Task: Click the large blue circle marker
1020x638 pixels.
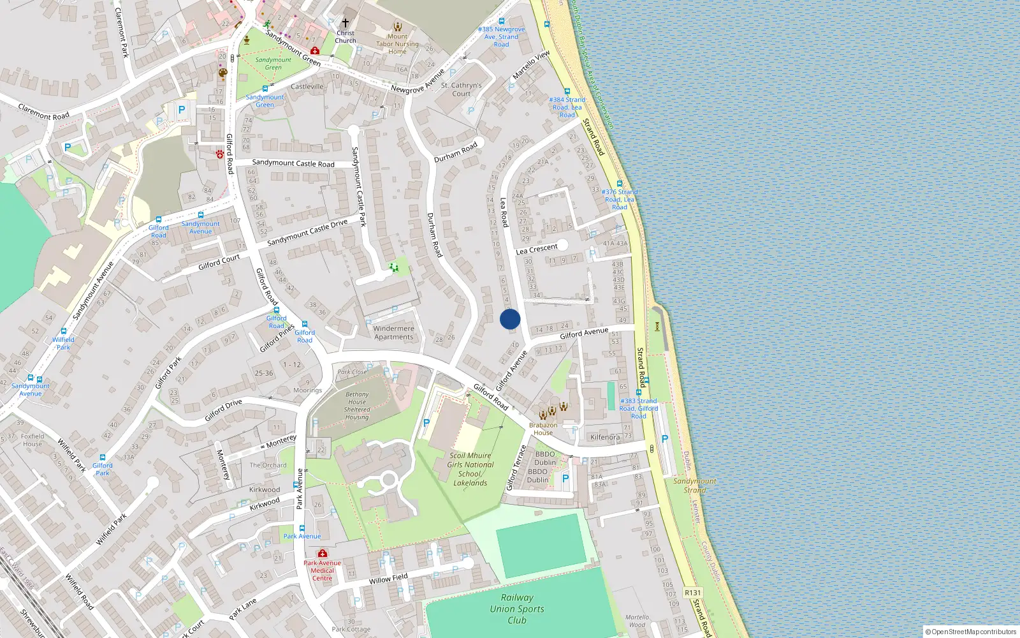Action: [510, 319]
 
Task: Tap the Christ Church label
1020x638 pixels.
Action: [346, 37]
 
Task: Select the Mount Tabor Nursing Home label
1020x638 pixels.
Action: [397, 44]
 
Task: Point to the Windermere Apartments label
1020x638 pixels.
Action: [393, 332]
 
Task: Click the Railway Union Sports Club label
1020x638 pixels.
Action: [517, 609]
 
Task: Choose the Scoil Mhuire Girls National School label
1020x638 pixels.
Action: [470, 469]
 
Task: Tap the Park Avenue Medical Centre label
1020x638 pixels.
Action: [322, 570]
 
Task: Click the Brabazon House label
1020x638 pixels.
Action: [543, 429]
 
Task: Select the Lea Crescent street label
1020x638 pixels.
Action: [537, 249]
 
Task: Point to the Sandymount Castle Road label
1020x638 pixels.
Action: [293, 163]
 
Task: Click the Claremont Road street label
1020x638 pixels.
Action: [44, 112]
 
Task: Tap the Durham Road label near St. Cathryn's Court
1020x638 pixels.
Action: [456, 152]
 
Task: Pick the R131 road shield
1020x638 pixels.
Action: [693, 593]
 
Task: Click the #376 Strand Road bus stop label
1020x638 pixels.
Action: [620, 199]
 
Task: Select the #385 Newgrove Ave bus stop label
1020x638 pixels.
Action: [502, 36]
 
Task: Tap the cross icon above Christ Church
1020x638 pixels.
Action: [346, 22]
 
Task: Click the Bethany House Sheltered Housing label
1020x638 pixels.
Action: [357, 406]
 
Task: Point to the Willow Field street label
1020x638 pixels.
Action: [388, 579]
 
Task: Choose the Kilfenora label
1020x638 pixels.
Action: [605, 437]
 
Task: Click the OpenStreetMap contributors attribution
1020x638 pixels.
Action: [973, 632]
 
